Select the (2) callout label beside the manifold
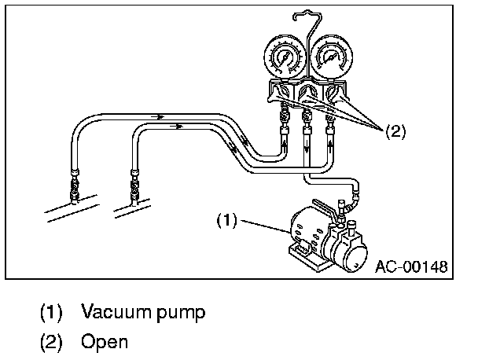(x=395, y=132)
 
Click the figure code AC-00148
(x=410, y=266)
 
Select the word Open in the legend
(x=104, y=342)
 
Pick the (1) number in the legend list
(x=50, y=312)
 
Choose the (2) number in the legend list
(x=50, y=342)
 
